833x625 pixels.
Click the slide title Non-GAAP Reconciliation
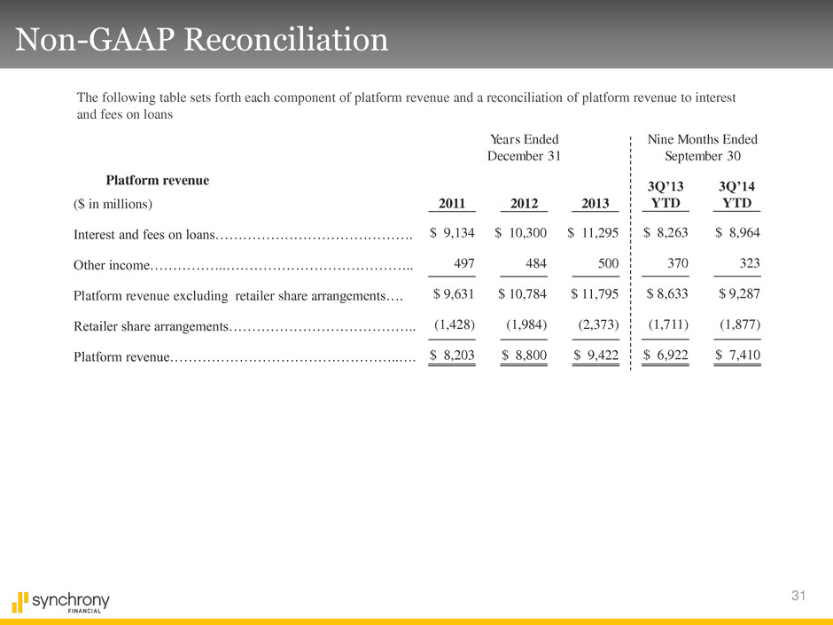(x=202, y=40)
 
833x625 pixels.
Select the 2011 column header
(x=452, y=204)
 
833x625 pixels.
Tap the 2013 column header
(x=595, y=204)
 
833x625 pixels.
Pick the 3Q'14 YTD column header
(x=736, y=194)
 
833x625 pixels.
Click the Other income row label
(x=112, y=265)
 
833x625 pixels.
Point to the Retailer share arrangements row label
(x=151, y=325)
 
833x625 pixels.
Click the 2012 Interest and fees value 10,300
(x=521, y=233)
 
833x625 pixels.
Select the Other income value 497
(x=464, y=263)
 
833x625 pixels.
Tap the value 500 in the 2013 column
(x=608, y=263)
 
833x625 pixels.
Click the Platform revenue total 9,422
(x=596, y=355)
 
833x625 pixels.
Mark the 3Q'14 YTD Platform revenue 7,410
(x=738, y=355)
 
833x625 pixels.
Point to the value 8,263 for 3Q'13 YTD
(x=666, y=233)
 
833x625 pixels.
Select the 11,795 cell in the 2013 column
(x=595, y=294)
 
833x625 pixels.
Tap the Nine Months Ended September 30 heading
(x=703, y=148)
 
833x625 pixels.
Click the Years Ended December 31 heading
(x=524, y=148)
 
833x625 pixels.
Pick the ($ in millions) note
(x=113, y=204)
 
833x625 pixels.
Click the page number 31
(x=798, y=595)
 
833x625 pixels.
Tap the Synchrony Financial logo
(x=60, y=602)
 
